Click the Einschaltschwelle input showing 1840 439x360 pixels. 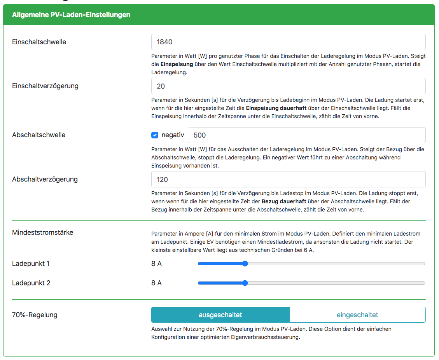pos(288,42)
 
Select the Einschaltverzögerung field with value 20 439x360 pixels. pos(288,86)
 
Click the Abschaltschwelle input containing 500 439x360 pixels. pos(306,135)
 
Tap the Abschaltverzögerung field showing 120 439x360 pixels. pos(288,179)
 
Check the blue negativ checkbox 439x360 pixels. pos(155,135)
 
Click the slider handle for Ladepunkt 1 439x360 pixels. pos(245,264)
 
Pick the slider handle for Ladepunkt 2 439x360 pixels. pos(245,283)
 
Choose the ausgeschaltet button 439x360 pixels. pos(220,315)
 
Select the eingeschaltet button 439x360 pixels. pos(357,315)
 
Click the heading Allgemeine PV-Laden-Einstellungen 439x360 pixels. pos(71,15)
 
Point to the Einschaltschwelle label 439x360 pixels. pos(39,42)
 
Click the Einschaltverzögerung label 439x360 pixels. pos(45,86)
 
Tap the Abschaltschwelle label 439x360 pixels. pos(38,135)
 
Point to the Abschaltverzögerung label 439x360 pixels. pos(45,179)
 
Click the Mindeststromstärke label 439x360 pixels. pos(43,232)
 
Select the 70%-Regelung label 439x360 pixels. pos(35,315)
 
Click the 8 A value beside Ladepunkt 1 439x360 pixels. pos(156,264)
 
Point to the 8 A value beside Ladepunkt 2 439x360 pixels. pos(156,283)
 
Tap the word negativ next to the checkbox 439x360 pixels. pos(173,135)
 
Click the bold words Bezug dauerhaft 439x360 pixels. pos(284,201)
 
